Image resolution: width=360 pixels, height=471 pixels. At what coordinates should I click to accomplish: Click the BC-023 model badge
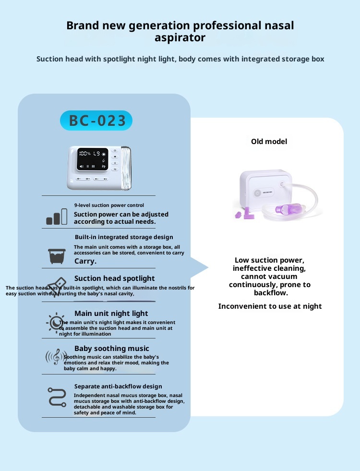click(96, 121)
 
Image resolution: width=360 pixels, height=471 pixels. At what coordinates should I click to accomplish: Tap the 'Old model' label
click(269, 142)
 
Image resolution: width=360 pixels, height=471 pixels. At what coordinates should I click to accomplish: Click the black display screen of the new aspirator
click(94, 160)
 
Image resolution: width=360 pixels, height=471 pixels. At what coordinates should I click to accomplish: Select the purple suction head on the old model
click(287, 209)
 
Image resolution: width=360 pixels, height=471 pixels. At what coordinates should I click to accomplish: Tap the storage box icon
click(57, 255)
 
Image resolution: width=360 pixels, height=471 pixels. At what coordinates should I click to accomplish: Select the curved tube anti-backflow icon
click(57, 397)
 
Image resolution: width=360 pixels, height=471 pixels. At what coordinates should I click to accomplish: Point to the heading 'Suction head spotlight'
click(114, 278)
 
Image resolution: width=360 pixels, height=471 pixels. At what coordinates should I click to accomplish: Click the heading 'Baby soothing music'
click(111, 349)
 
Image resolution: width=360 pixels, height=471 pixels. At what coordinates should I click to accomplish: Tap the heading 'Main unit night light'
click(111, 314)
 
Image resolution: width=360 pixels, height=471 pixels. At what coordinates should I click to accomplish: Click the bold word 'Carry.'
click(85, 261)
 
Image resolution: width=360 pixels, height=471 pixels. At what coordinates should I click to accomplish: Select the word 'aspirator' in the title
click(180, 37)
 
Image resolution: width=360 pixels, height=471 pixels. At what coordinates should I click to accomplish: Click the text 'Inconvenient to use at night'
click(270, 306)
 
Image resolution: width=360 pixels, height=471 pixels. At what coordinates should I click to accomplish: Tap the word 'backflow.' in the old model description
click(271, 292)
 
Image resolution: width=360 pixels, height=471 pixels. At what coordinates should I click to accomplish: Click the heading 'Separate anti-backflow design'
click(118, 386)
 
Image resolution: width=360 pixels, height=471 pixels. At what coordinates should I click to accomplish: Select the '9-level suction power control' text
click(109, 205)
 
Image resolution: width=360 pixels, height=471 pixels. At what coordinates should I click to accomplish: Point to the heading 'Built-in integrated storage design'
click(124, 237)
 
